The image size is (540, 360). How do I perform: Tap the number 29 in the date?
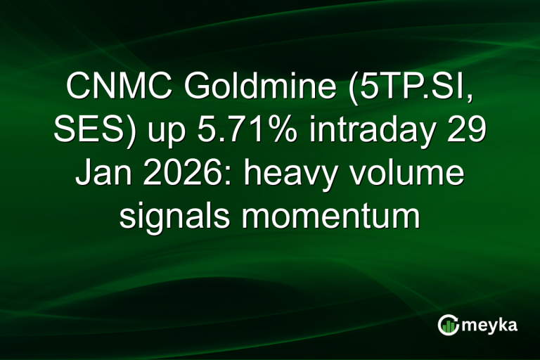point(465,131)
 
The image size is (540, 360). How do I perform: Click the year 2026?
point(184,174)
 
